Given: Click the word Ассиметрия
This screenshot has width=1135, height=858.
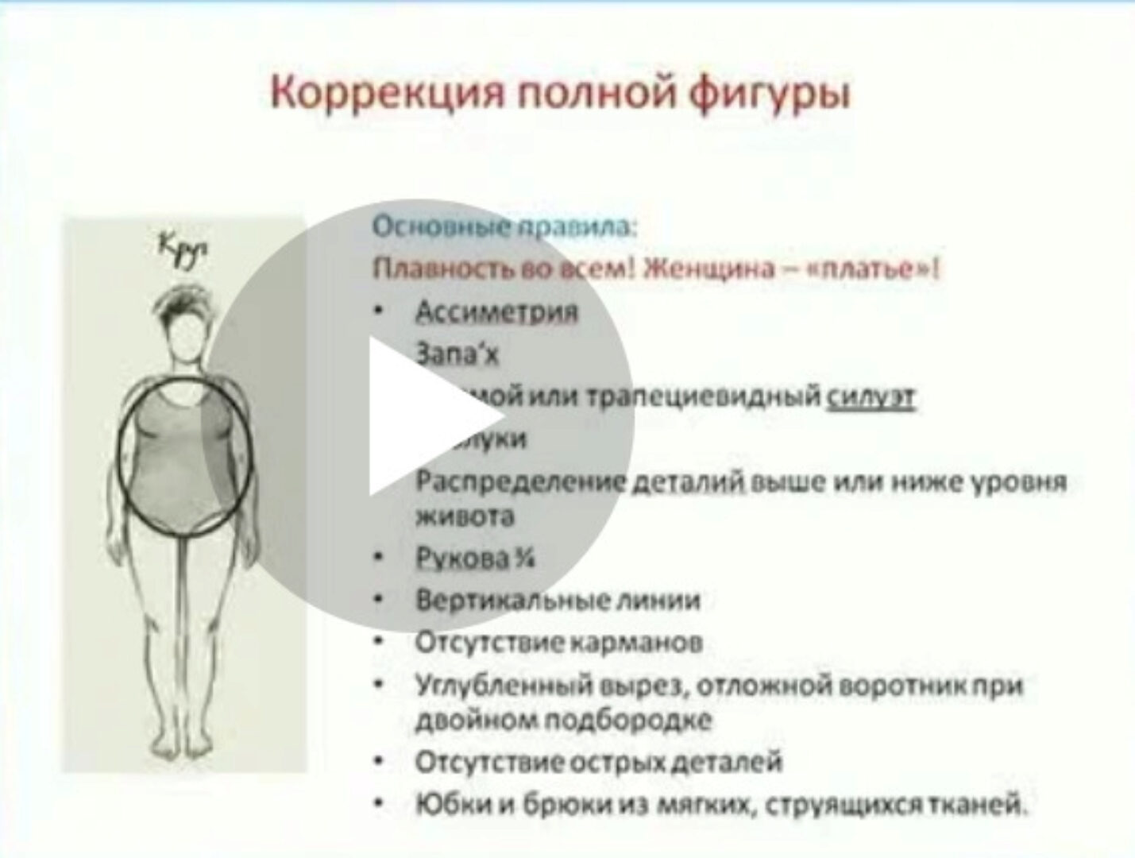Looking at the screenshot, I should click(496, 311).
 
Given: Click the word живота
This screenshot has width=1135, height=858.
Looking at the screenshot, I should click(465, 516).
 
